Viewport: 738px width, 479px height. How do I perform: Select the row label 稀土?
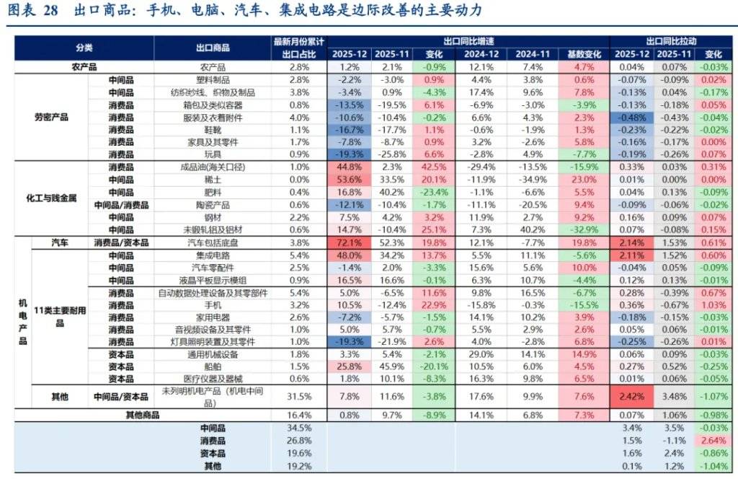pyautogui.click(x=213, y=179)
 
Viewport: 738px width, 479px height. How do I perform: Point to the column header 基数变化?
pyautogui.click(x=584, y=54)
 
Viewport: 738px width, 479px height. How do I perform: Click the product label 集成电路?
pyautogui.click(x=213, y=255)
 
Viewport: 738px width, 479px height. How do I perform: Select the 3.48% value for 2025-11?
pyautogui.click(x=674, y=396)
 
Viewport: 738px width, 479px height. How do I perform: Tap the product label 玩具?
pyautogui.click(x=213, y=154)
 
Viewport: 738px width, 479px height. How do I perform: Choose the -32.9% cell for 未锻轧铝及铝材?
pyautogui.click(x=584, y=229)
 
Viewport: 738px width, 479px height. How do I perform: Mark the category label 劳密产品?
pyautogui.click(x=51, y=117)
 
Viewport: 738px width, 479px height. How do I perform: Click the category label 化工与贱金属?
pyautogui.click(x=51, y=198)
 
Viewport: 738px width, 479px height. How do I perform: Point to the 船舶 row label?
pyautogui.click(x=213, y=366)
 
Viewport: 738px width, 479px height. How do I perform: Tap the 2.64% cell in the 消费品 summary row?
pyautogui.click(x=713, y=440)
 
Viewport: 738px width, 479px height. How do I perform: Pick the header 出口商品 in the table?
pyautogui.click(x=213, y=48)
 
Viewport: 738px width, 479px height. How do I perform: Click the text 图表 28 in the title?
pyautogui.click(x=32, y=12)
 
